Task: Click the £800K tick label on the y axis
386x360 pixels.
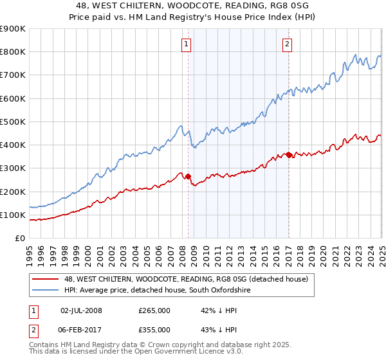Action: tap(13, 52)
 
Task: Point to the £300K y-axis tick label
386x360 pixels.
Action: tap(13, 168)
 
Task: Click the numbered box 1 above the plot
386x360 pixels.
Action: tap(186, 44)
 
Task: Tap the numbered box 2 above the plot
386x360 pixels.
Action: tap(287, 44)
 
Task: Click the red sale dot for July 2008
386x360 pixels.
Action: tap(188, 176)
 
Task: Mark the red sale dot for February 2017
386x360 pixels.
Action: tap(289, 155)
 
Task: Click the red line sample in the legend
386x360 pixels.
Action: tap(46, 279)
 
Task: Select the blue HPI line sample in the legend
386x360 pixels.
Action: tap(46, 291)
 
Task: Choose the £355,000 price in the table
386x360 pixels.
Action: tap(154, 330)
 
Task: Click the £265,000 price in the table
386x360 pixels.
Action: tap(154, 310)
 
